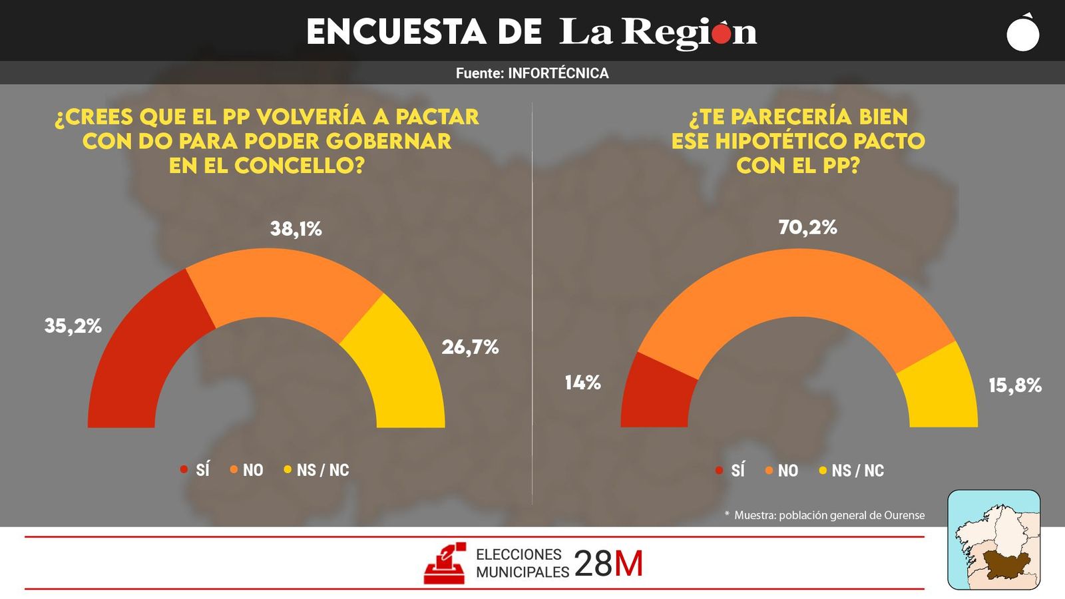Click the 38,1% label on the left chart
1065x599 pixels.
(x=296, y=229)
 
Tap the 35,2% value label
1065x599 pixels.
(x=73, y=326)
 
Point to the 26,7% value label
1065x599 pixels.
(x=470, y=347)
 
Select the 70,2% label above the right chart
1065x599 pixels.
(x=807, y=228)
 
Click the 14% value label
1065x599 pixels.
(x=582, y=383)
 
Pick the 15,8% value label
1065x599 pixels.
(x=1014, y=385)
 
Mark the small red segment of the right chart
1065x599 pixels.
(x=656, y=396)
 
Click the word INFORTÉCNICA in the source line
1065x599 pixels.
(x=558, y=73)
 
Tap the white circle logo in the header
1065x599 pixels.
(x=1022, y=34)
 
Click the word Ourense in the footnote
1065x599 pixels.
(x=904, y=515)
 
